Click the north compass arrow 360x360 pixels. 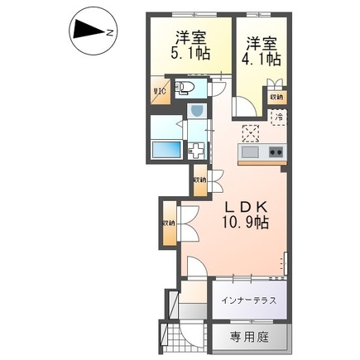85,31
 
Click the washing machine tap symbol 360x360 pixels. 198,150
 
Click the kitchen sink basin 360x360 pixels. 251,152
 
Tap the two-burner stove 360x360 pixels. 275,152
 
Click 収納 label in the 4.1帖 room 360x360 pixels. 277,97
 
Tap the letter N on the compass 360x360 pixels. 108,32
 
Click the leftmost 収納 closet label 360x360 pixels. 168,222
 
